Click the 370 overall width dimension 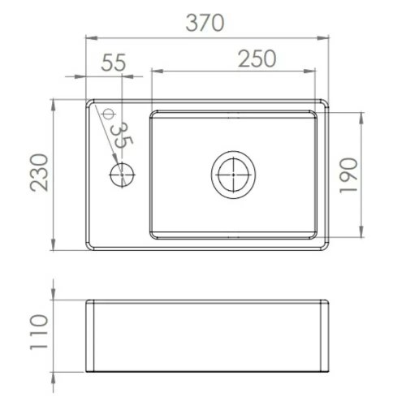204,24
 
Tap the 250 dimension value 257,59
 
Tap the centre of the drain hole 232,174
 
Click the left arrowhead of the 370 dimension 89,37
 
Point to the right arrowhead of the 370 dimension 327,37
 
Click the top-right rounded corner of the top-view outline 324,104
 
